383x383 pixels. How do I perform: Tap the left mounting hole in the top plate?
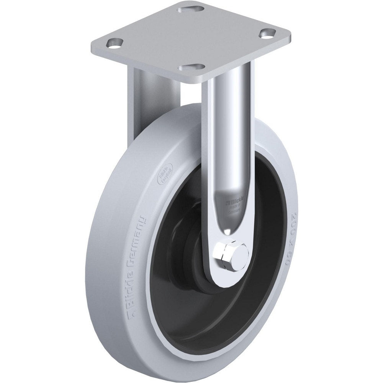[114, 43]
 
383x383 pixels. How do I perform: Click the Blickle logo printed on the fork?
[233, 198]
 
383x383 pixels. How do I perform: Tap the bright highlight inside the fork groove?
[229, 232]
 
